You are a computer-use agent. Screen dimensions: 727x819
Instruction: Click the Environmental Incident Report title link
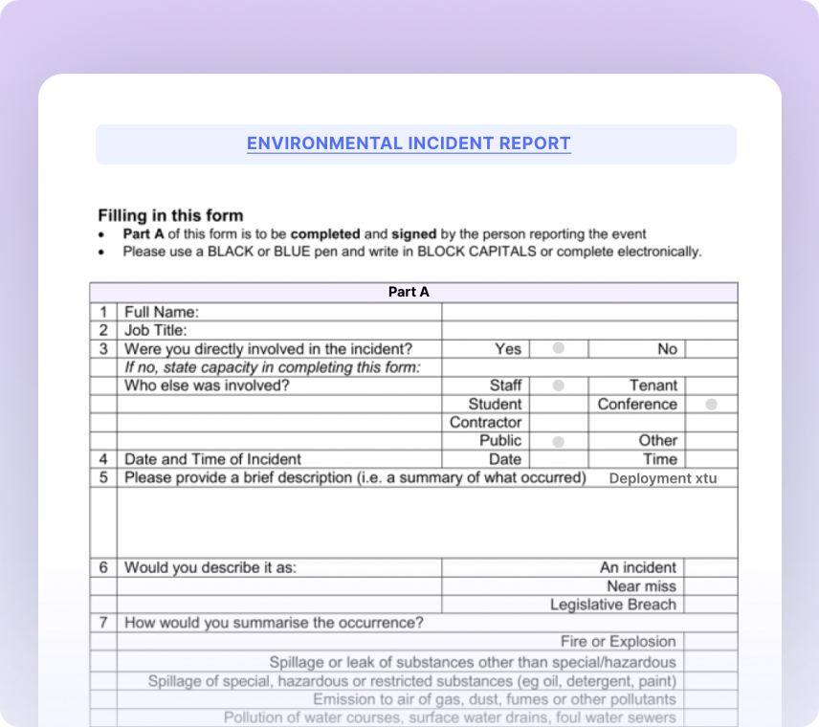coord(409,143)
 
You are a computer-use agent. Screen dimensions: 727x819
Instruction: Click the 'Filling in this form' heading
coord(170,215)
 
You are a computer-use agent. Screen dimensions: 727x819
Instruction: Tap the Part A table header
coord(409,292)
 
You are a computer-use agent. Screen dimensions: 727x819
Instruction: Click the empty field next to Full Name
coord(588,312)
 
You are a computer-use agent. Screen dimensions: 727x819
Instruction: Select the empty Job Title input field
coord(588,330)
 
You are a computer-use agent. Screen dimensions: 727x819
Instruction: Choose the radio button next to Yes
coord(558,348)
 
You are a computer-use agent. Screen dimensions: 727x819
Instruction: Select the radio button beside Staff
coord(558,386)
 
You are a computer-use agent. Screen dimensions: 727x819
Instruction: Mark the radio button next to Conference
coord(711,404)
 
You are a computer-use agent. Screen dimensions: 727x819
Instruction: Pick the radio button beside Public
coord(558,441)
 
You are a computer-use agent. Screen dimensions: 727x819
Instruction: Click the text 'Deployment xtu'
coord(662,478)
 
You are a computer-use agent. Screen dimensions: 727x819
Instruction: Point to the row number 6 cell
coord(103,567)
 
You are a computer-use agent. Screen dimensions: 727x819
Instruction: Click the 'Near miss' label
coord(641,586)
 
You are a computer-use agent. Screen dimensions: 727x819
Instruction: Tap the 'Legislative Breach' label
coord(612,605)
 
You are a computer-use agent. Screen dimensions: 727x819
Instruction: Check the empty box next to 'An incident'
coord(710,567)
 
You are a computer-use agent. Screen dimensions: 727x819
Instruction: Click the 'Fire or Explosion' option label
coord(618,642)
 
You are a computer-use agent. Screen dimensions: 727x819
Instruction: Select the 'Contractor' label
coord(486,423)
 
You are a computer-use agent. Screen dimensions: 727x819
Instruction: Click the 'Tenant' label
coord(653,386)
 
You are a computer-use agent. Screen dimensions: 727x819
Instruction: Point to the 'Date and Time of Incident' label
coord(212,459)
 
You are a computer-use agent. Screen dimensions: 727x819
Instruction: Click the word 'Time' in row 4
coord(659,459)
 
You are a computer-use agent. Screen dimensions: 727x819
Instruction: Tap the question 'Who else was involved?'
coord(207,386)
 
